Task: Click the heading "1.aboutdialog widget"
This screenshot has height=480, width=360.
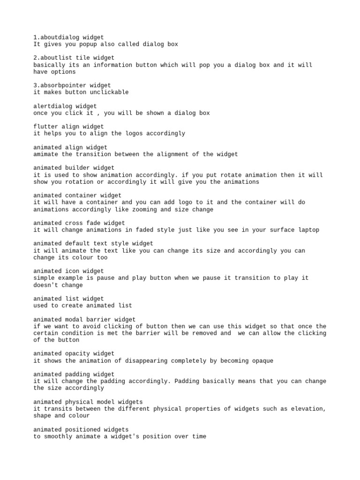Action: [69, 37]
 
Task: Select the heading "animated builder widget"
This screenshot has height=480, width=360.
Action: [74, 168]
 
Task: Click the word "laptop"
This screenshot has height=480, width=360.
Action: [308, 230]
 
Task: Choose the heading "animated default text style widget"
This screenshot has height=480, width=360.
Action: [93, 244]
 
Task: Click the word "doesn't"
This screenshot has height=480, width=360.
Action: [46, 285]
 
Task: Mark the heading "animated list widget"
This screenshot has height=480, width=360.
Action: [69, 299]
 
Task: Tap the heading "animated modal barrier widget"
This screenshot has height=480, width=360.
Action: [84, 319]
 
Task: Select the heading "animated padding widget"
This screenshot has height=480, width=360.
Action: [74, 375]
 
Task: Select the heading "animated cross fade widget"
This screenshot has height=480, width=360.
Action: [79, 223]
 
